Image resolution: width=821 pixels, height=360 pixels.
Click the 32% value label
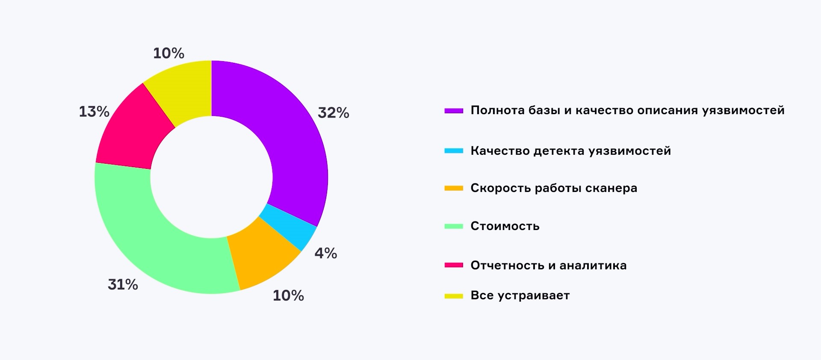coord(334,113)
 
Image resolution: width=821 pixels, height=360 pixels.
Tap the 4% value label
coord(326,253)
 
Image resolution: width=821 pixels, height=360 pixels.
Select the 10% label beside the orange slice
coord(288,295)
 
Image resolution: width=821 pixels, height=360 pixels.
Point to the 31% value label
coord(123,284)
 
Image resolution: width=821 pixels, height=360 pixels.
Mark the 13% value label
coord(94,112)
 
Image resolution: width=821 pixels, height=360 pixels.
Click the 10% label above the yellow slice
coord(168,53)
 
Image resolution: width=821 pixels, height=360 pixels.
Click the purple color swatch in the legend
coord(454,111)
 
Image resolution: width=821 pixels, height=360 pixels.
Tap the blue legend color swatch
coord(454,151)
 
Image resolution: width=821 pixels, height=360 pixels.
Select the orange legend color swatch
coord(454,188)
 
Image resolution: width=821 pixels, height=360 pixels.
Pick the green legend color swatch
coord(454,226)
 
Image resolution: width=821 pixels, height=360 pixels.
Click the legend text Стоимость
coord(505,226)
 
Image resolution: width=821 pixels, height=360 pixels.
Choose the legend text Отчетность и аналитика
coord(548,266)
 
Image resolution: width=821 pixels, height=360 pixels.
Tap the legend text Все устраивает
coord(520,295)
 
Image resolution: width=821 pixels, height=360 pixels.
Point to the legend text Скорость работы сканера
coord(554,188)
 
